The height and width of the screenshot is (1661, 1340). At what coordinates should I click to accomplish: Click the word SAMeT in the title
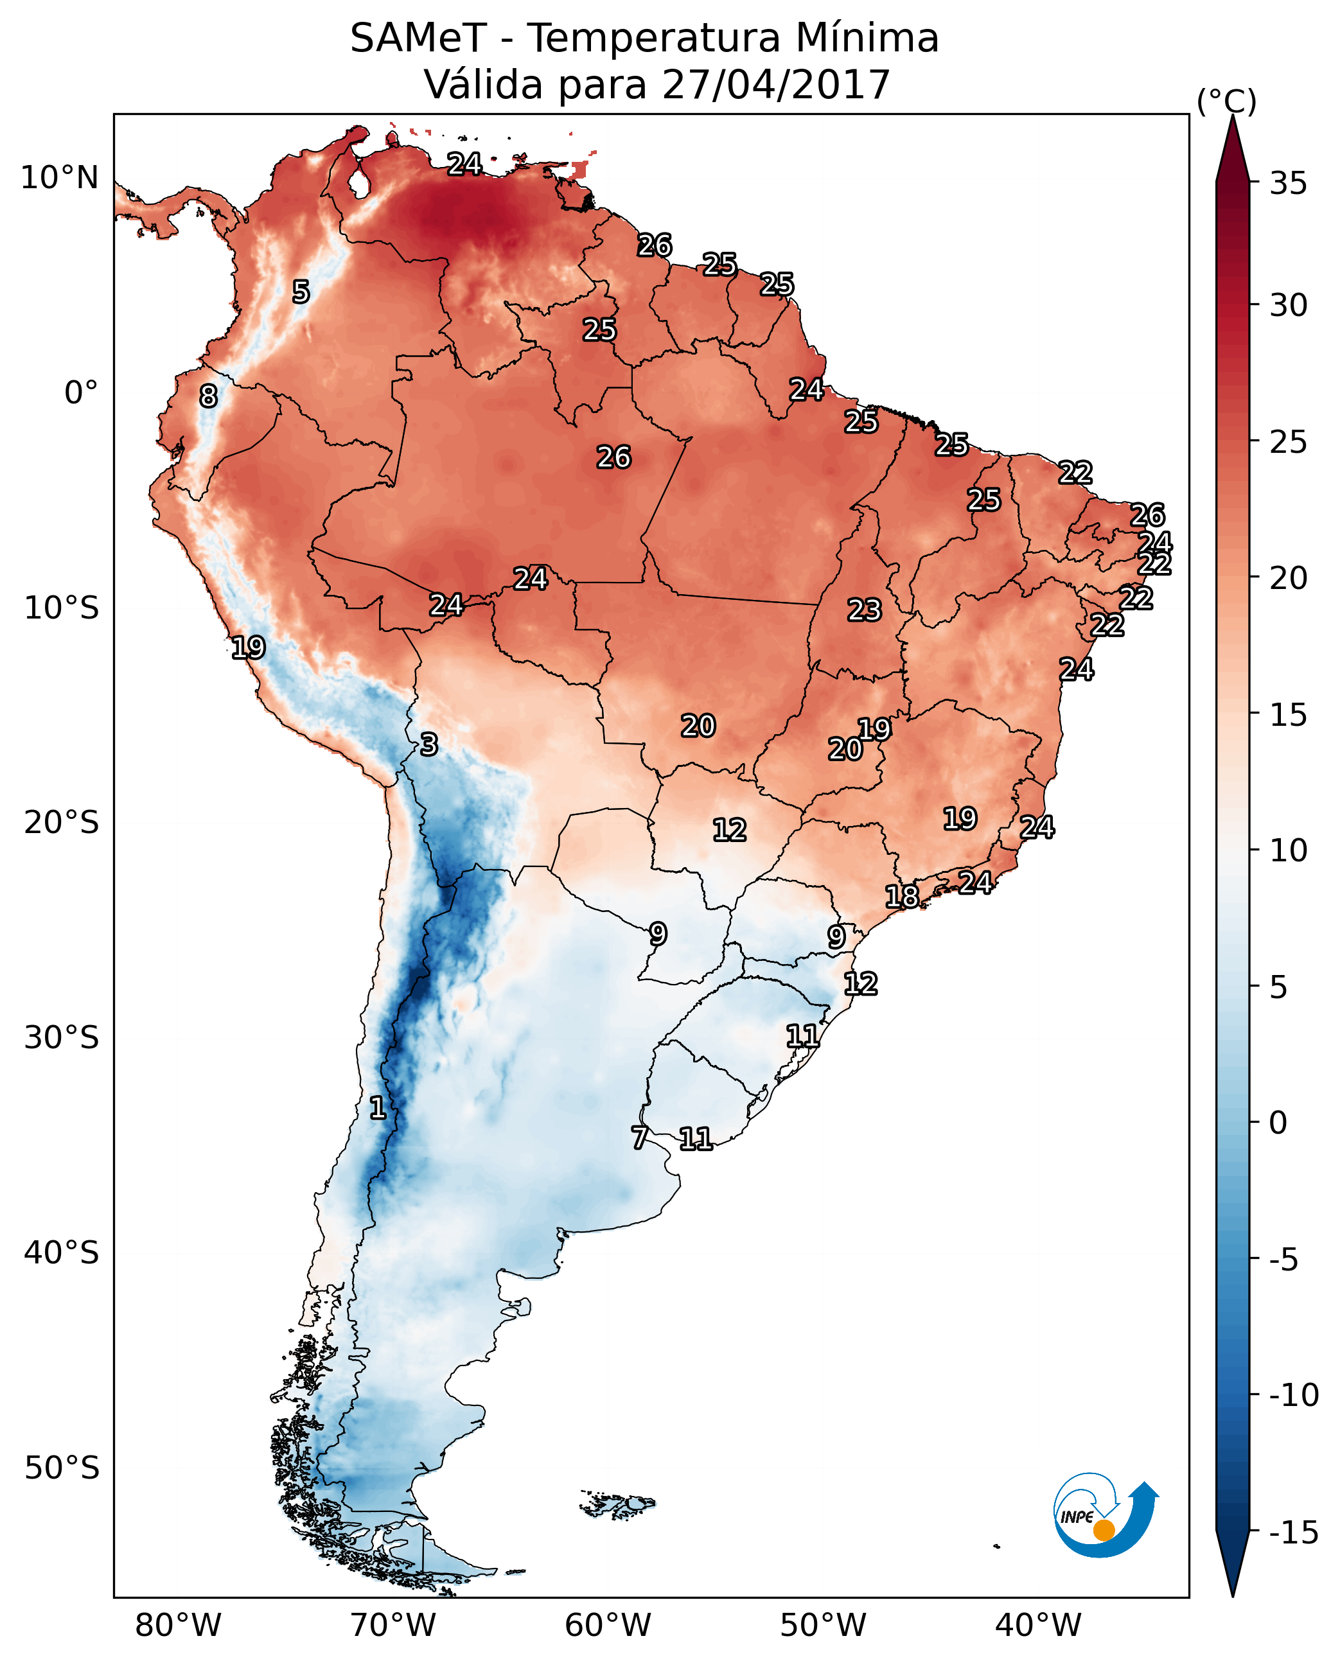tap(418, 39)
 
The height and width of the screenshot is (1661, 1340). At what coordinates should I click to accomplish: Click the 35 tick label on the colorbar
tap(1288, 184)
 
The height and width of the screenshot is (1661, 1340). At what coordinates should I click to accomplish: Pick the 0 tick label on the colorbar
tap(1278, 1122)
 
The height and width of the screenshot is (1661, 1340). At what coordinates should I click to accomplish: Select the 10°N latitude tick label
tap(60, 179)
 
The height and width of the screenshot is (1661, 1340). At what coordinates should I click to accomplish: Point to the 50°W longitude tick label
tap(823, 1626)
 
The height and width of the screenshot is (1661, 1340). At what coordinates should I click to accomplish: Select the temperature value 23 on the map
tap(864, 611)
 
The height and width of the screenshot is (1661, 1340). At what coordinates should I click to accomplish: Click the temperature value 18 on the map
tap(901, 897)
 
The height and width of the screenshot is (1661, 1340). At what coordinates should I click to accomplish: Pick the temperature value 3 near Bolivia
tap(429, 745)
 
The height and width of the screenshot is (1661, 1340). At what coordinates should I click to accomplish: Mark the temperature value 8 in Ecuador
tap(208, 397)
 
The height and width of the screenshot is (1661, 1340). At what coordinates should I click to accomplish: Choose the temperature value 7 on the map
tap(639, 1138)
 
